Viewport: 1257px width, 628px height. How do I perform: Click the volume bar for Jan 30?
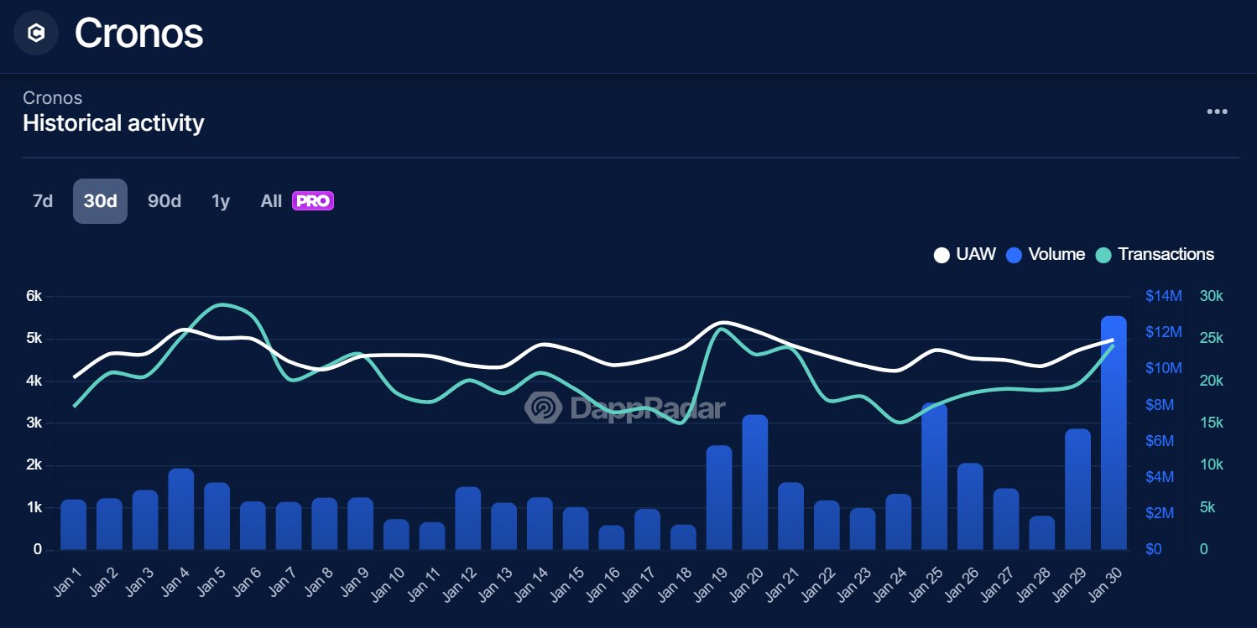1113,433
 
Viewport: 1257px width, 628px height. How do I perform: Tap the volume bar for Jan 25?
934,476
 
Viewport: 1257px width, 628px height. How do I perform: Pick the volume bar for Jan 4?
181,509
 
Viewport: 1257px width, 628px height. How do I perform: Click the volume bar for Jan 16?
612,537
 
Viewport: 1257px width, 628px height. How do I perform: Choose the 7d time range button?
42,201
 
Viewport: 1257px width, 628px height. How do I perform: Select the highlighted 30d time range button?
100,201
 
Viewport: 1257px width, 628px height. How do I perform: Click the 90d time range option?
164,201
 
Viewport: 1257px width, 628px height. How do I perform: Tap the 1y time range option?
221,201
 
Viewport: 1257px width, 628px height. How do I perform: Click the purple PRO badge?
313,201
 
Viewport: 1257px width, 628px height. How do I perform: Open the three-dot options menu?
1217,112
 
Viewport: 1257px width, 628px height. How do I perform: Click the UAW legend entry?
965,254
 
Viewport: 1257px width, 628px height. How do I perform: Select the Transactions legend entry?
1155,254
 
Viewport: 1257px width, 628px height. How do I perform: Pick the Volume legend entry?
1046,254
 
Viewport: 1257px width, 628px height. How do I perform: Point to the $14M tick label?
1164,296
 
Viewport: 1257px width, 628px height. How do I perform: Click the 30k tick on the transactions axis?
1211,296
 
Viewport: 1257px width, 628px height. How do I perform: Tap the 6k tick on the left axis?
34,296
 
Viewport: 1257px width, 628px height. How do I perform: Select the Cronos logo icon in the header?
36,34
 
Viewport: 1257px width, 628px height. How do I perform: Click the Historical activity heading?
113,123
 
